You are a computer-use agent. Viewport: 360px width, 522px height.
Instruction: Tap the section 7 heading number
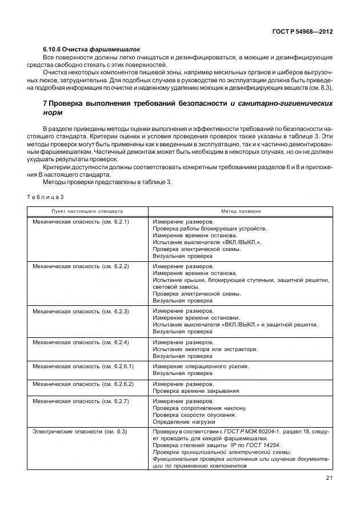[45, 103]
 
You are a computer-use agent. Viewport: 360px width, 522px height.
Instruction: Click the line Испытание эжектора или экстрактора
[205, 349]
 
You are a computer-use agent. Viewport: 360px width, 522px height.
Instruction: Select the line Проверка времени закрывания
[195, 391]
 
